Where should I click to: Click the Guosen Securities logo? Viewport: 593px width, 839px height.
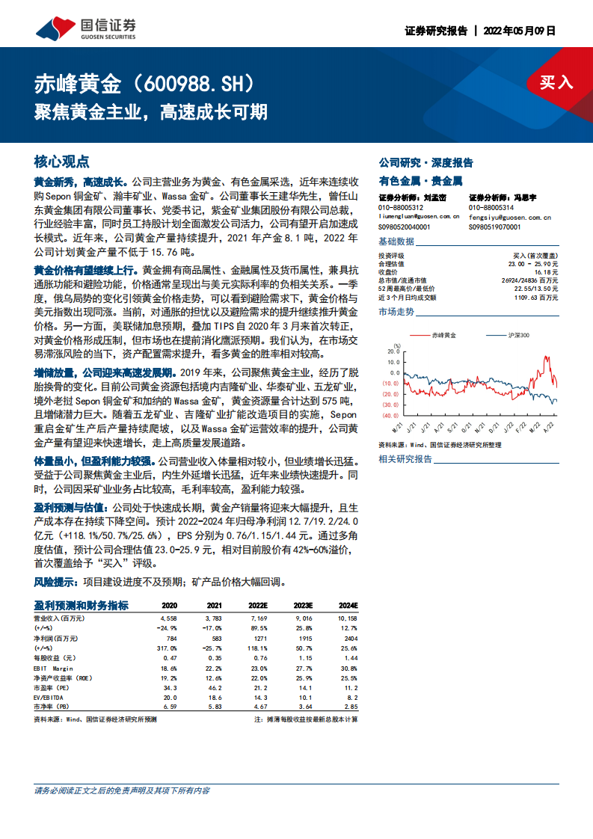pos(86,28)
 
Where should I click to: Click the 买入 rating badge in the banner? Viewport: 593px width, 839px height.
pos(556,82)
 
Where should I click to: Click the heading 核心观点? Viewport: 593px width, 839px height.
pos(62,162)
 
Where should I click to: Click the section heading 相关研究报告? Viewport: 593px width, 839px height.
pos(405,458)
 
